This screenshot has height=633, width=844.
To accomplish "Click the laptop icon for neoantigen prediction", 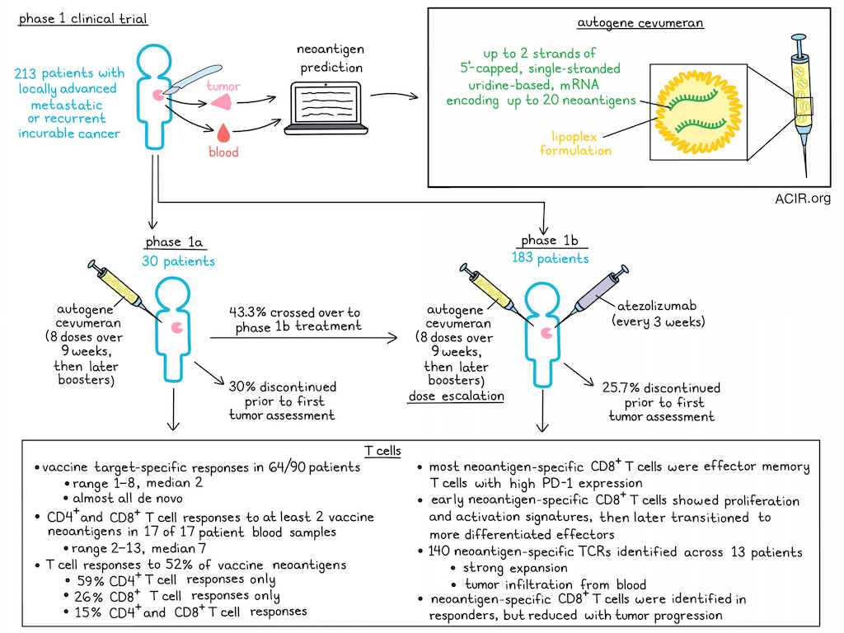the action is click(x=326, y=108).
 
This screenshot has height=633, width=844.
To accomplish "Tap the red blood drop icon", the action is click(x=223, y=133).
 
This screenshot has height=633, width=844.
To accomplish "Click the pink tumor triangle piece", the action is click(x=222, y=101).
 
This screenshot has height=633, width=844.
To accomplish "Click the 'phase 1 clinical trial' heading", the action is click(x=83, y=19).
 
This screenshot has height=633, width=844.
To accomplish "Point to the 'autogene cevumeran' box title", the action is click(x=640, y=23).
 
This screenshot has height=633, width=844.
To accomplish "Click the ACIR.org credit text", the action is click(x=803, y=199).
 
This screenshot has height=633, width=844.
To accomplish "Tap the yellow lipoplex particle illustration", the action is click(x=697, y=112).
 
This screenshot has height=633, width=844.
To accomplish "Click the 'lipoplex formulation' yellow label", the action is click(x=575, y=143).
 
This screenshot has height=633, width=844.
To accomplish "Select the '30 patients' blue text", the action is click(x=178, y=261).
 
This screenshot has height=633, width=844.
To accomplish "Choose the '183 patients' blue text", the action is click(x=550, y=258).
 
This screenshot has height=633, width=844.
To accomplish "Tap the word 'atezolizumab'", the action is click(x=657, y=306).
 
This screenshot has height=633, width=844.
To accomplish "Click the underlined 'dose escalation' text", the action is click(x=457, y=396).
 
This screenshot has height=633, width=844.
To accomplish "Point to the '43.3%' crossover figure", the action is click(x=247, y=312).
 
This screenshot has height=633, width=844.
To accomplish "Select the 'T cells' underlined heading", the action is click(x=382, y=451).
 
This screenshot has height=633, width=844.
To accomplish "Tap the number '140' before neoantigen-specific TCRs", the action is click(x=439, y=551).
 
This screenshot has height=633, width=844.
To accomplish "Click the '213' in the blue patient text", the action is click(x=26, y=73).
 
